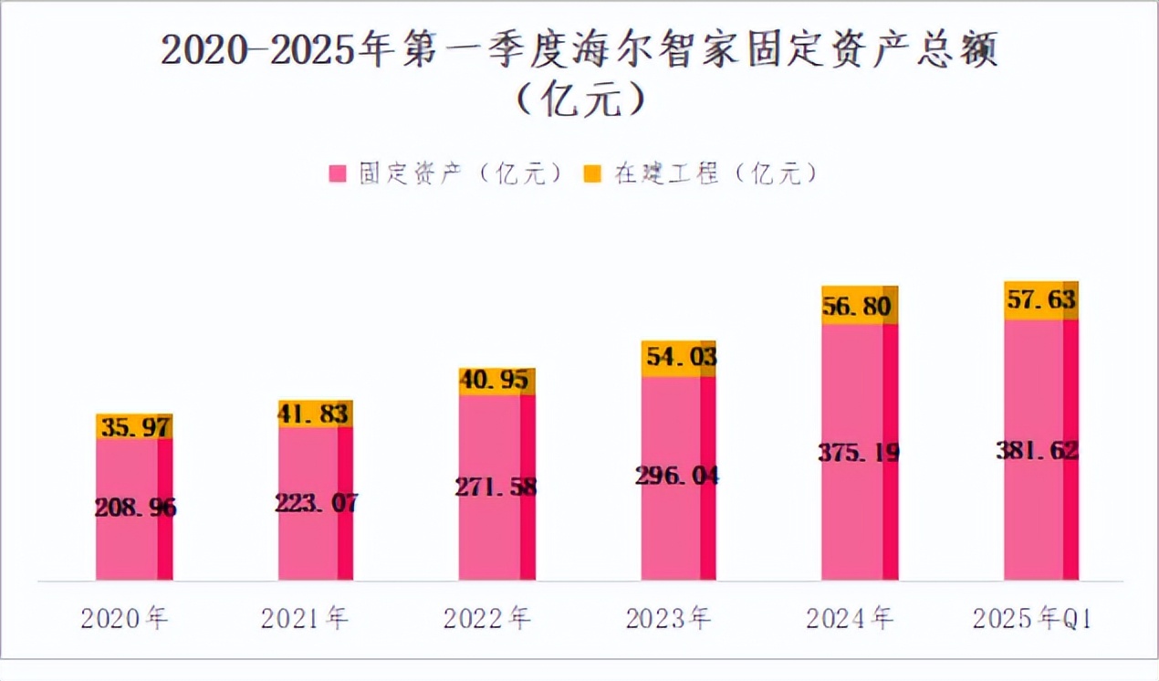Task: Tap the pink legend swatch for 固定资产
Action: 338,173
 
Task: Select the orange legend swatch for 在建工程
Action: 592,173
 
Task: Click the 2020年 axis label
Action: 125,619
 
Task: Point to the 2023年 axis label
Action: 669,619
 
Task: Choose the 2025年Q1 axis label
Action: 1032,619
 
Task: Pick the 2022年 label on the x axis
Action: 487,619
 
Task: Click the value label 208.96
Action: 135,508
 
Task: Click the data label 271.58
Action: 496,487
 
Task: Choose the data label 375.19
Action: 860,450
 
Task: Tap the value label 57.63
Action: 1040,299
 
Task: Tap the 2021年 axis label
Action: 305,619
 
